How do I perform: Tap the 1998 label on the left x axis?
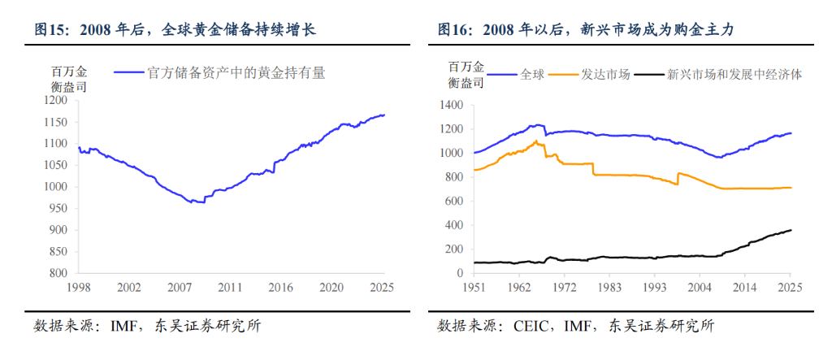click(x=78, y=287)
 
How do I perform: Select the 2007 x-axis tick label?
click(x=180, y=287)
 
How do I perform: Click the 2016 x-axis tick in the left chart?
click(x=281, y=287)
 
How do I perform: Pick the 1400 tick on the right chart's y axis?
click(x=450, y=105)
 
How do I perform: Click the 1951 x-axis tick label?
click(x=474, y=287)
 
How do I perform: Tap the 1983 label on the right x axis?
click(x=609, y=287)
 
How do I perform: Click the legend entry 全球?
click(x=532, y=74)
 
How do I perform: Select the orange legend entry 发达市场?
click(x=605, y=74)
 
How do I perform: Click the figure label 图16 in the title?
click(x=453, y=30)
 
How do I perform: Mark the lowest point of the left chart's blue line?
click(x=193, y=202)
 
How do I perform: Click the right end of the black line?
click(x=791, y=230)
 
